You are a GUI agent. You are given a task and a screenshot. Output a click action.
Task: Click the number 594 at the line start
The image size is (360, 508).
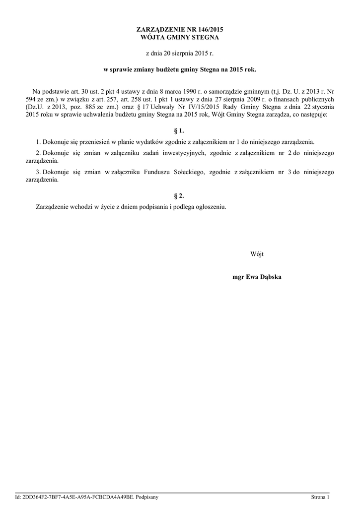point(30,99)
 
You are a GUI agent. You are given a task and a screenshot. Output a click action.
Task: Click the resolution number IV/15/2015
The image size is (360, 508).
point(209,107)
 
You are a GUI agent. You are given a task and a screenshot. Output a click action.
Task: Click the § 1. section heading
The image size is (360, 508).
point(180,131)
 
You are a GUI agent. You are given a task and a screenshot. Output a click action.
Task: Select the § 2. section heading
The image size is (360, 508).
point(180,195)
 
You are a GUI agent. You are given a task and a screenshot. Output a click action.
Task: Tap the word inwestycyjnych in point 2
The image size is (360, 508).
point(182,153)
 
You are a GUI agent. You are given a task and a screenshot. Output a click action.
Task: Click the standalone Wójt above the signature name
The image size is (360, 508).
point(257,254)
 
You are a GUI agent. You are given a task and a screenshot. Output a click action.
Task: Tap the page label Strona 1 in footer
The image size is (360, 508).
point(320,497)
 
